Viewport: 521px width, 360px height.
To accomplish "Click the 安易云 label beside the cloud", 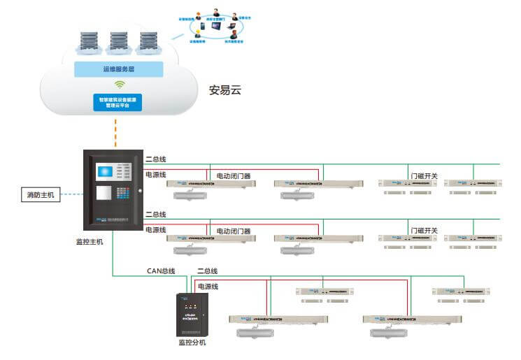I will point(225,90).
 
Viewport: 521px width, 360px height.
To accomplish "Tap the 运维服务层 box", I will point(118,69).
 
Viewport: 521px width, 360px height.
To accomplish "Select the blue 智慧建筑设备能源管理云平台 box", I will point(118,103).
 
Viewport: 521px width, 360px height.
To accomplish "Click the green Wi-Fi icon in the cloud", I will point(118,85).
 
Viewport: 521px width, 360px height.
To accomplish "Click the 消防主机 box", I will point(40,195).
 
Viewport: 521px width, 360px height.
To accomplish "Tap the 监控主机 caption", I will point(90,241).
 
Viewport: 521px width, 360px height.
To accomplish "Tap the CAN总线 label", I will point(161,271).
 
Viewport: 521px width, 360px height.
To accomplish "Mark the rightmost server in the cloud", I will point(148,43).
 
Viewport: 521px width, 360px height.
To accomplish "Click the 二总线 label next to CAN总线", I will point(207,271).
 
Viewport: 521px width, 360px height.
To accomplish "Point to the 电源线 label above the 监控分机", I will point(208,287).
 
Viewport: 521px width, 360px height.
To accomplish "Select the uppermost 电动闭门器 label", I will point(234,176).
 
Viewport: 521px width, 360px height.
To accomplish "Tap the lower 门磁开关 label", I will point(424,231).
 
